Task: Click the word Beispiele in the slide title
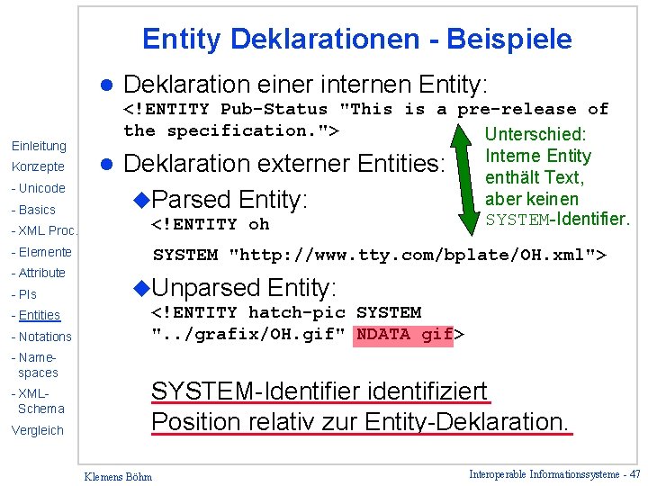pos(517,40)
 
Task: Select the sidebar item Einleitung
pos(39,146)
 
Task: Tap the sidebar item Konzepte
pos(38,167)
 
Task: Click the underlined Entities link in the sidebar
pos(40,315)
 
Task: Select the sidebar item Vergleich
pos(38,430)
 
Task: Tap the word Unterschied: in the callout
pos(535,135)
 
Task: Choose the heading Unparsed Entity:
pos(243,288)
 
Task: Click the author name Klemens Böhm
pos(118,476)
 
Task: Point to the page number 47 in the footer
pos(634,473)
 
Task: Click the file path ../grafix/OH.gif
pos(249,335)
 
